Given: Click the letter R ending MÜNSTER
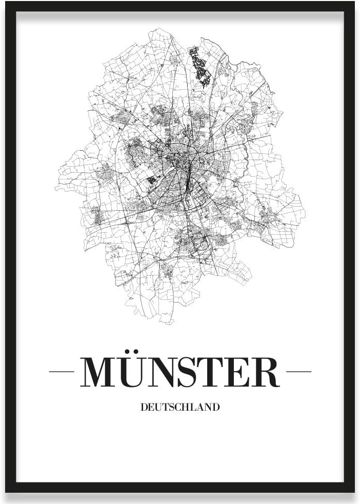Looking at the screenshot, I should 265,371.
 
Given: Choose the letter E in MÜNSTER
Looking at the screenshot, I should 242,371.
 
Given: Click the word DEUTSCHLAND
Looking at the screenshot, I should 179,408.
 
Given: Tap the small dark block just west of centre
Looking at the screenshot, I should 152,180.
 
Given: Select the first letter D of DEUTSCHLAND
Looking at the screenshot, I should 143,408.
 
